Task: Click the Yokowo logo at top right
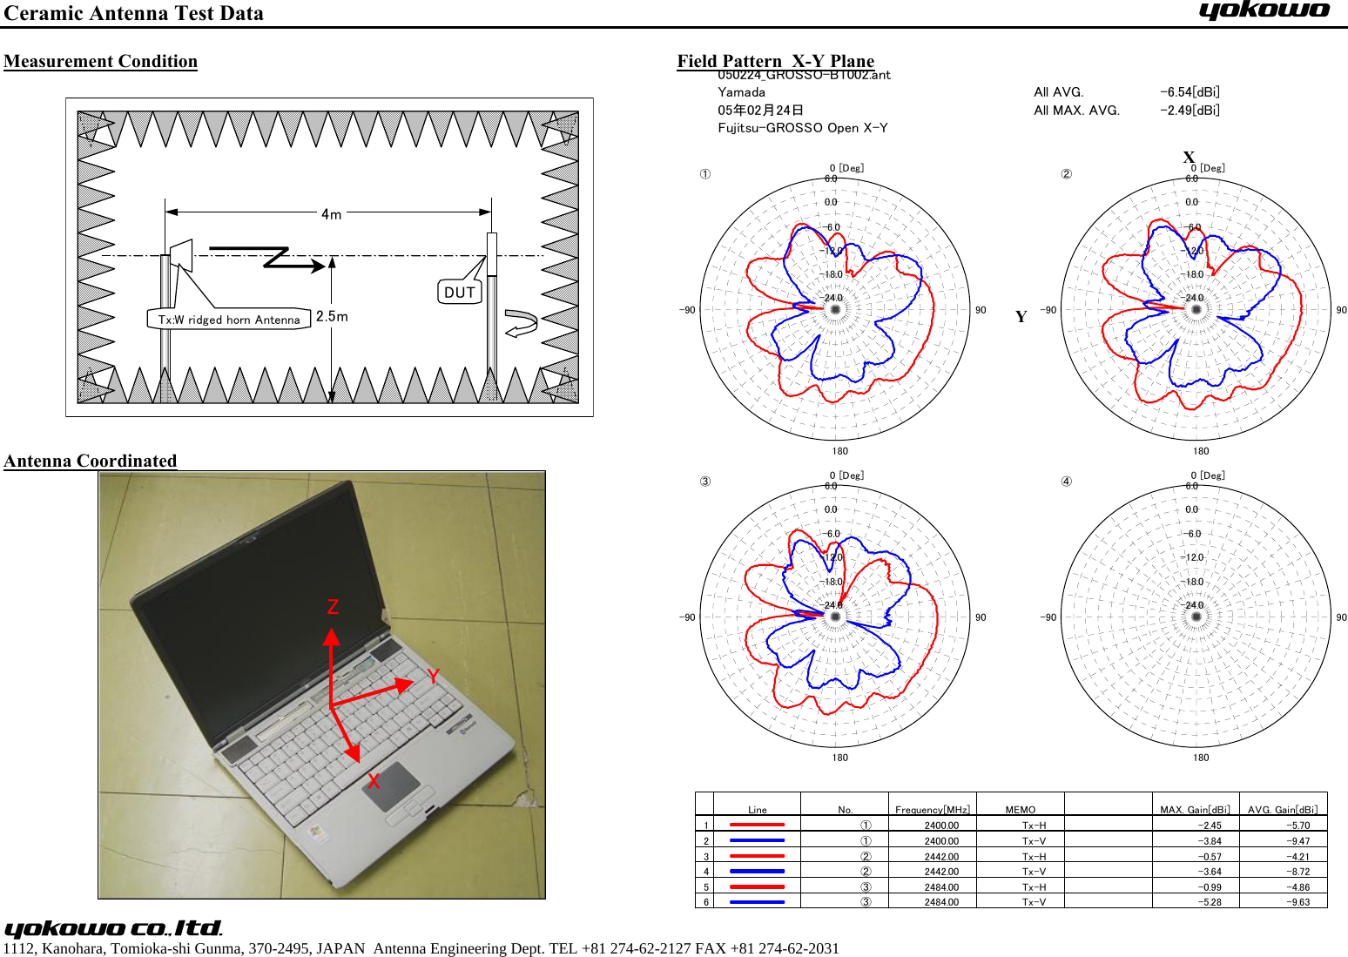coord(1264,11)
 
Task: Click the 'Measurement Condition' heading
coord(100,61)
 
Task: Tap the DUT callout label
coord(460,293)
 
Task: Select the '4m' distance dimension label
coord(331,213)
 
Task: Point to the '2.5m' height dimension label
coord(332,316)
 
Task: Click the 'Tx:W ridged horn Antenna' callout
coord(229,320)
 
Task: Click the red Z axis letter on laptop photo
coord(333,607)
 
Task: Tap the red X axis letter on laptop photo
coord(373,781)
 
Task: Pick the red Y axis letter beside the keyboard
coord(433,677)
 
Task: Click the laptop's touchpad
coord(391,785)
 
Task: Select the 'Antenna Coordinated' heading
coord(91,461)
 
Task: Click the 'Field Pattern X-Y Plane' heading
coord(775,60)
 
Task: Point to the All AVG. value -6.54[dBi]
coord(1190,92)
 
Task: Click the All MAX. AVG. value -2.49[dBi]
coord(1190,111)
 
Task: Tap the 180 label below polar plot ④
coord(1201,758)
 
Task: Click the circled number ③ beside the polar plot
coord(705,482)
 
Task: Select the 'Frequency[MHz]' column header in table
coord(932,809)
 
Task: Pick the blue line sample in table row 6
coord(757,902)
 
